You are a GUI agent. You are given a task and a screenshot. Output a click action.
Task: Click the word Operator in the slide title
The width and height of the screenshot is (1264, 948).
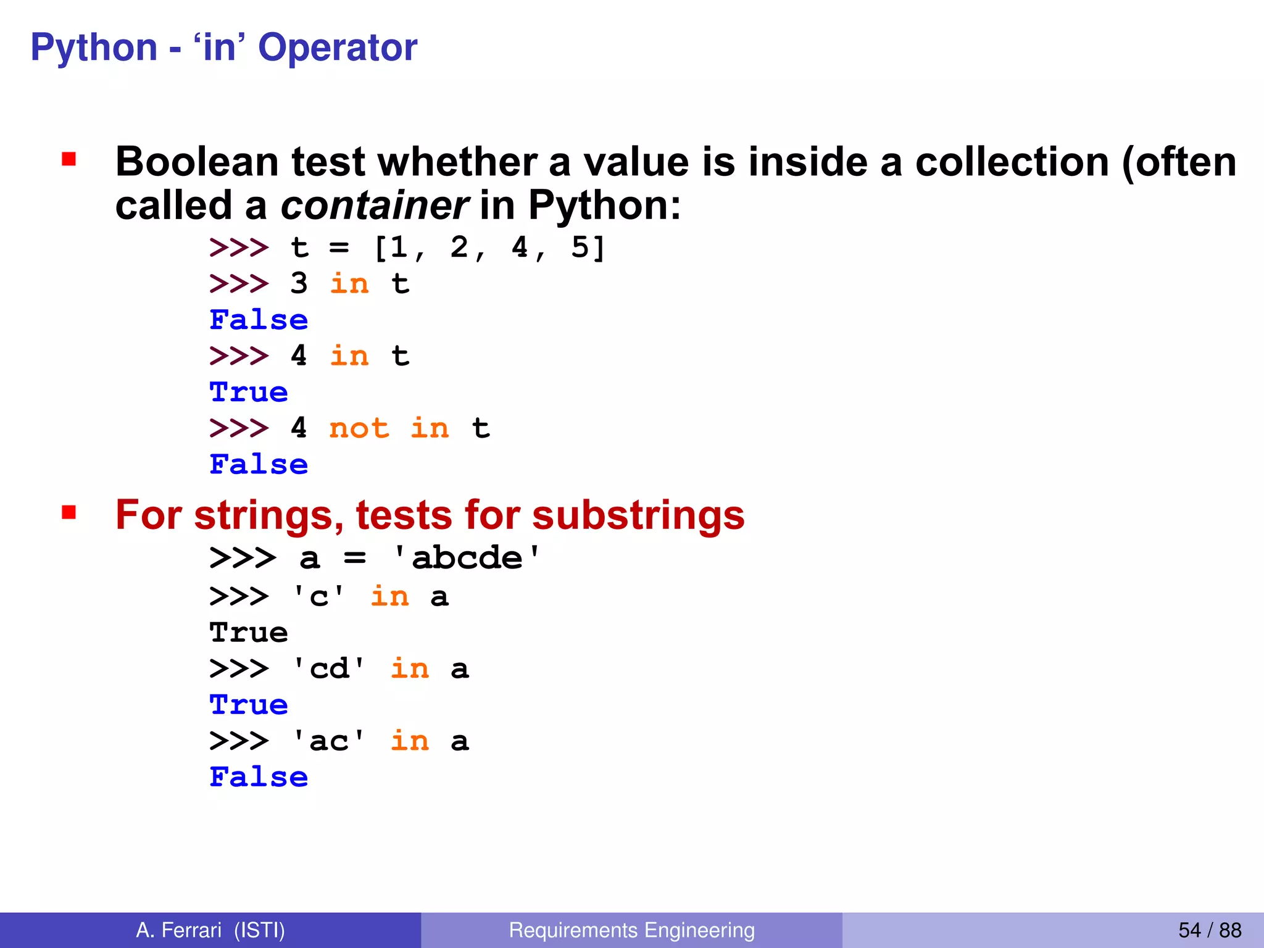click(x=338, y=48)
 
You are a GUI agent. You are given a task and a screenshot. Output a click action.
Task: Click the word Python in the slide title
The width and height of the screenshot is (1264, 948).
click(x=94, y=48)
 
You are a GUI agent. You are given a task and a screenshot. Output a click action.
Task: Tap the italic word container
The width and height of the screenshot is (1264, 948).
click(x=374, y=206)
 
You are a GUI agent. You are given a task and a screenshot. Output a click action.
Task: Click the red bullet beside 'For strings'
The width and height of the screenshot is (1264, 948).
click(x=69, y=512)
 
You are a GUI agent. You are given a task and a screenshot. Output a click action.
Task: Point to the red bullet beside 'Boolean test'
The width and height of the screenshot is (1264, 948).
click(x=69, y=160)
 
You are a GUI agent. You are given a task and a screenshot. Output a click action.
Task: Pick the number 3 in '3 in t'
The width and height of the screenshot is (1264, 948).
click(x=299, y=284)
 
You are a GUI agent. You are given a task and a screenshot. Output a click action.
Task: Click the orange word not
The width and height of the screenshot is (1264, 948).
click(x=359, y=428)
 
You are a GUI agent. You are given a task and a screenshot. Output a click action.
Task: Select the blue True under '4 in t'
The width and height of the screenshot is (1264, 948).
click(x=249, y=393)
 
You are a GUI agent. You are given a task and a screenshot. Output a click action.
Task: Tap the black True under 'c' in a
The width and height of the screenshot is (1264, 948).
click(x=249, y=633)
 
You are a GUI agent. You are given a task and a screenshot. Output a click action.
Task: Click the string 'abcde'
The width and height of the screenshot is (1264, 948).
click(x=467, y=559)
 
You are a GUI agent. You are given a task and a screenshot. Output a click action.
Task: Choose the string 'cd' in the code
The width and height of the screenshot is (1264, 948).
click(x=329, y=669)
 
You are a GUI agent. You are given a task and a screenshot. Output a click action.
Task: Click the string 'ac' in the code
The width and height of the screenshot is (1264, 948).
click(x=329, y=741)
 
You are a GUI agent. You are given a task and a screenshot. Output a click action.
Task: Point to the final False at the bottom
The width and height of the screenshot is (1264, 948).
click(x=259, y=777)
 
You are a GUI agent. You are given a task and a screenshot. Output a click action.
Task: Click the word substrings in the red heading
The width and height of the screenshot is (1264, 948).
click(x=638, y=515)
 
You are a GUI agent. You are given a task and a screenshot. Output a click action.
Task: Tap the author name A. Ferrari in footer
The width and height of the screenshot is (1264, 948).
click(x=178, y=930)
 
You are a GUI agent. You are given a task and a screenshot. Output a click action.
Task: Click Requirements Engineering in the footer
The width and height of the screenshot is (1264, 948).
click(x=631, y=930)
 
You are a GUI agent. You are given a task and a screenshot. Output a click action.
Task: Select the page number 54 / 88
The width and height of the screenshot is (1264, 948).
click(x=1210, y=930)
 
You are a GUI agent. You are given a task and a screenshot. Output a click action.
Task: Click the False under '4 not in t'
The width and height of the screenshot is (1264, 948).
click(x=259, y=465)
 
